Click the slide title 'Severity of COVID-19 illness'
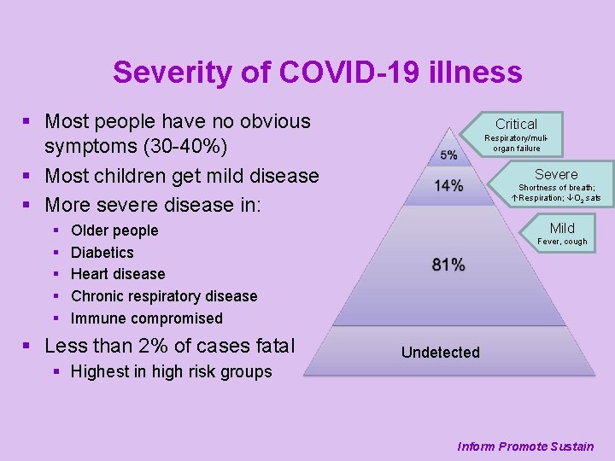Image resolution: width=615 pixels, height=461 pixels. coord(317,72)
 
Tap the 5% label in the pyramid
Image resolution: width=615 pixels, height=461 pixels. coord(448,155)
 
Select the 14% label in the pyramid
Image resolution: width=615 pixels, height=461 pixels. coord(448,185)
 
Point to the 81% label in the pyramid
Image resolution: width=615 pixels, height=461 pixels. coord(448,266)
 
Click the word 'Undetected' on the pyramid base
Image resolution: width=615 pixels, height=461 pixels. coord(441,353)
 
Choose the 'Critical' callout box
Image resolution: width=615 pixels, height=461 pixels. coord(516,125)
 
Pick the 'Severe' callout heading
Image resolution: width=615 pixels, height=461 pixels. coord(556,174)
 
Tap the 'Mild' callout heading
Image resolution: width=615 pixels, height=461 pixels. coord(562,228)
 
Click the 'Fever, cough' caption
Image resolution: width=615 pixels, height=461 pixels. coord(562,242)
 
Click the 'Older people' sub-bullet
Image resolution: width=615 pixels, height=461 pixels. coord(114,230)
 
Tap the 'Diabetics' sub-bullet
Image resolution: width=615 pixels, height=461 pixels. coord(102,253)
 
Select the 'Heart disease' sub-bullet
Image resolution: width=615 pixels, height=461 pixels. coord(118,274)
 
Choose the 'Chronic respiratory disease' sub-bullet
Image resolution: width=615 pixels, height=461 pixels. coord(164,296)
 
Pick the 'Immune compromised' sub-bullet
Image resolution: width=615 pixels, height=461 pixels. coord(147,318)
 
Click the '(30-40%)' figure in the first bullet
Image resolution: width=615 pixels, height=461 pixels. coord(179,148)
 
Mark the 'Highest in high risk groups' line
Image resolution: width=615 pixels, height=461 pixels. coord(171,371)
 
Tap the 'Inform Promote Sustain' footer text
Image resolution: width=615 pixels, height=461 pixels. coord(525,446)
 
